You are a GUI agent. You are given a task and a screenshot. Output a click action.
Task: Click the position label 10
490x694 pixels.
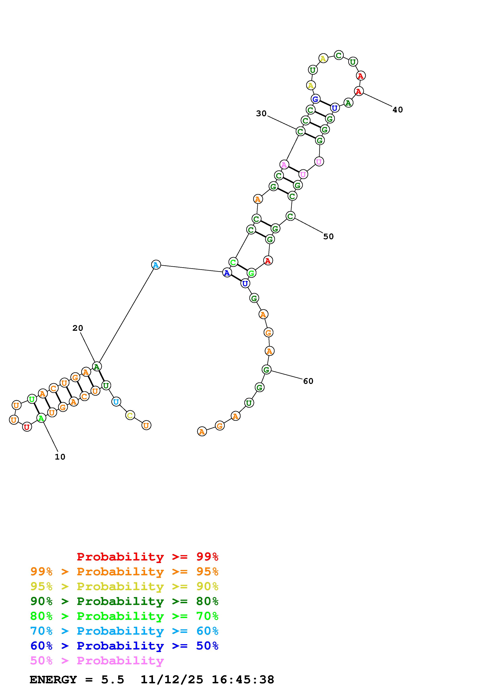[x=60, y=457]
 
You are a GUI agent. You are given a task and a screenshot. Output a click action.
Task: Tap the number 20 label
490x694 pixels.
[x=78, y=328]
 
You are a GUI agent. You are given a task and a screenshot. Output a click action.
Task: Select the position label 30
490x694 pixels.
[x=262, y=113]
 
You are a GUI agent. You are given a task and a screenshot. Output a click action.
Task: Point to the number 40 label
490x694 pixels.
[x=398, y=110]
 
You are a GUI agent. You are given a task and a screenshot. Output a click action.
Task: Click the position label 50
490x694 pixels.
[x=329, y=236]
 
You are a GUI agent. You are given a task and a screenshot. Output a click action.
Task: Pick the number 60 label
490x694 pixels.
[x=308, y=381]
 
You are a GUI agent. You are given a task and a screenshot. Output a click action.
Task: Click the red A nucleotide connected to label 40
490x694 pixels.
[x=359, y=91]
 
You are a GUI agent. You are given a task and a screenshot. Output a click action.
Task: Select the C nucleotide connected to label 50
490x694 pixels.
[x=290, y=216]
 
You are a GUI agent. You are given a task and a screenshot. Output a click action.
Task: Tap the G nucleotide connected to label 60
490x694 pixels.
[x=266, y=369]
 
